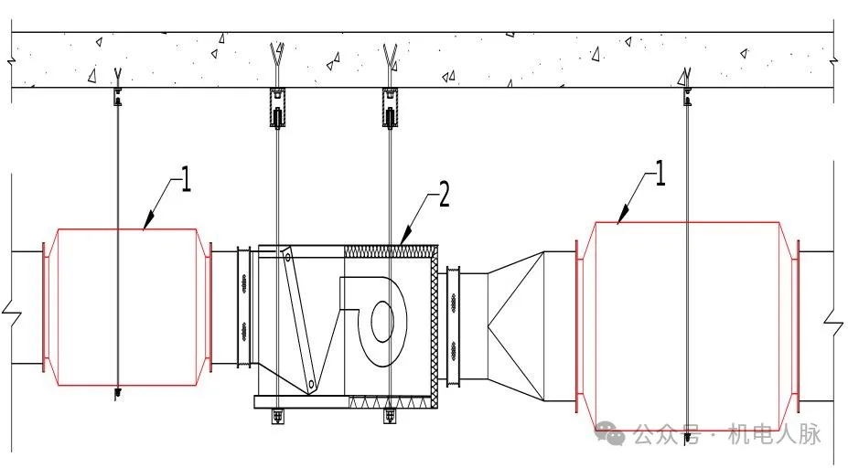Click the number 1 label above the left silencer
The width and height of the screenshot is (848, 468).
click(x=186, y=179)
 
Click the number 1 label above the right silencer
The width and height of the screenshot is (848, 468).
click(x=660, y=173)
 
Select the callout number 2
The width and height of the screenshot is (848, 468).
click(x=444, y=195)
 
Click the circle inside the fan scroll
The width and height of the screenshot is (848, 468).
click(x=382, y=322)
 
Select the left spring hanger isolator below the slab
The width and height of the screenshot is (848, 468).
click(x=277, y=108)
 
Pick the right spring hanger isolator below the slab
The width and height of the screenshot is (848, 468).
click(x=391, y=108)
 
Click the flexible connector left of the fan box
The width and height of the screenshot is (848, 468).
click(x=244, y=307)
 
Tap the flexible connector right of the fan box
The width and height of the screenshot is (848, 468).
click(x=453, y=326)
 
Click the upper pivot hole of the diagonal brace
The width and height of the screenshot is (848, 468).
click(x=288, y=257)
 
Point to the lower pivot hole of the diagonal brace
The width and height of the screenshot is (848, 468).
click(x=311, y=384)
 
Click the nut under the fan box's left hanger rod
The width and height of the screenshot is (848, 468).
click(x=277, y=416)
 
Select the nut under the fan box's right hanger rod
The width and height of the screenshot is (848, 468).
click(x=390, y=416)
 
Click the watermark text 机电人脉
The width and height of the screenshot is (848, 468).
click(x=775, y=433)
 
